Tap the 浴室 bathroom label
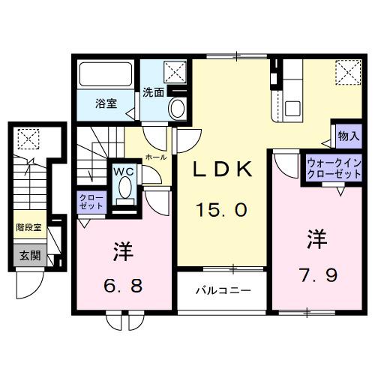(105, 103)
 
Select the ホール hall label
(156, 157)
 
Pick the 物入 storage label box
(348, 136)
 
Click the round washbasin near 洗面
(178, 109)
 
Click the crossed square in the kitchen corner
(346, 73)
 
